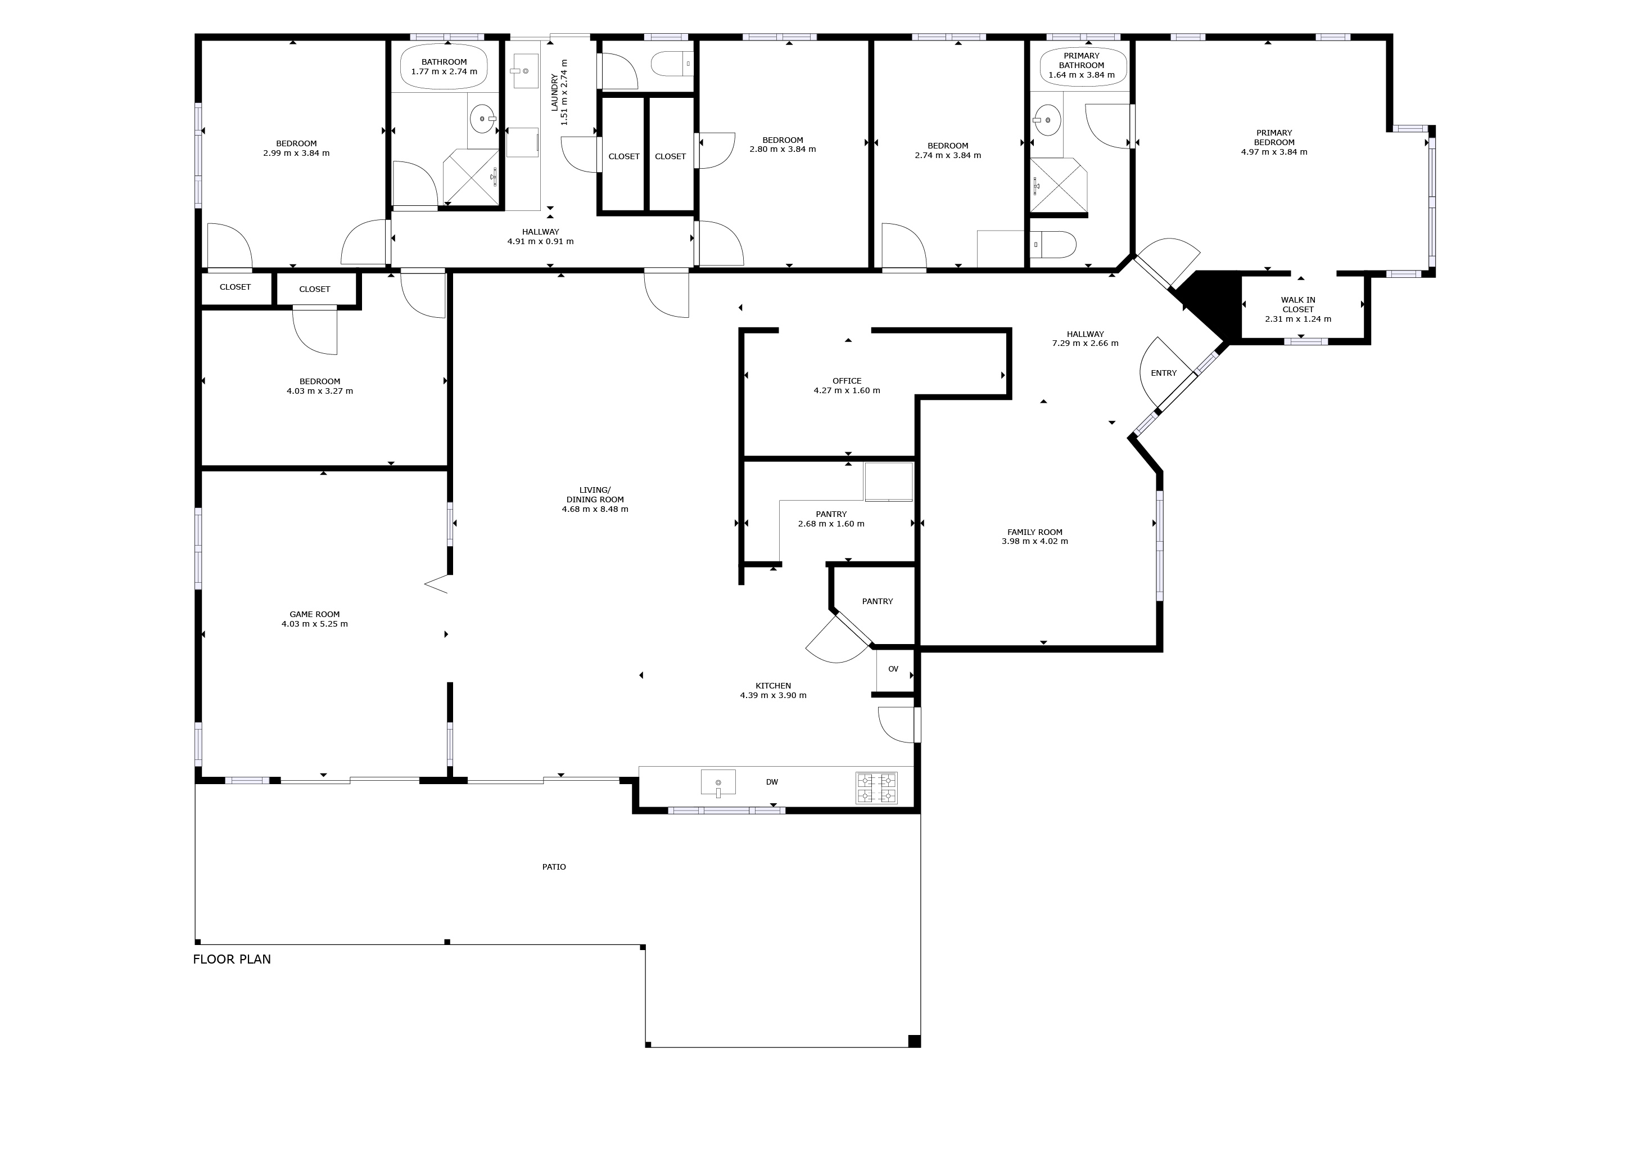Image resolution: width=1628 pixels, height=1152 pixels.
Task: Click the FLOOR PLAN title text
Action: point(232,959)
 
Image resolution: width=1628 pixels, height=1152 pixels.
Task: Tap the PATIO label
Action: point(554,867)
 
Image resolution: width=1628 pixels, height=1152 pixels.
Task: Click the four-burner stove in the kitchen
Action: point(876,787)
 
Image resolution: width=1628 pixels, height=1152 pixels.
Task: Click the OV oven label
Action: point(893,669)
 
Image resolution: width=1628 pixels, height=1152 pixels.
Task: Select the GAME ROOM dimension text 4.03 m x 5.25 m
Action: point(314,624)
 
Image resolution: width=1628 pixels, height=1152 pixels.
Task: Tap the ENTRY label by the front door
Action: point(1163,373)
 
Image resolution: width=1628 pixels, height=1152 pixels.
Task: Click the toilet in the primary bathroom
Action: point(1055,244)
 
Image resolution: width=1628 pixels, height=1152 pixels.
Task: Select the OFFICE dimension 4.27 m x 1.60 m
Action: point(847,391)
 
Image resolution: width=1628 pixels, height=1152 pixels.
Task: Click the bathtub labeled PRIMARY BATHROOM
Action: point(1082,66)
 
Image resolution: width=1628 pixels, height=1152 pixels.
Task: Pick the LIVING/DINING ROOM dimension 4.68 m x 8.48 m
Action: point(595,509)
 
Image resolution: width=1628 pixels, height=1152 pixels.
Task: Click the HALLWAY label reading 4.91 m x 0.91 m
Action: point(540,241)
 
